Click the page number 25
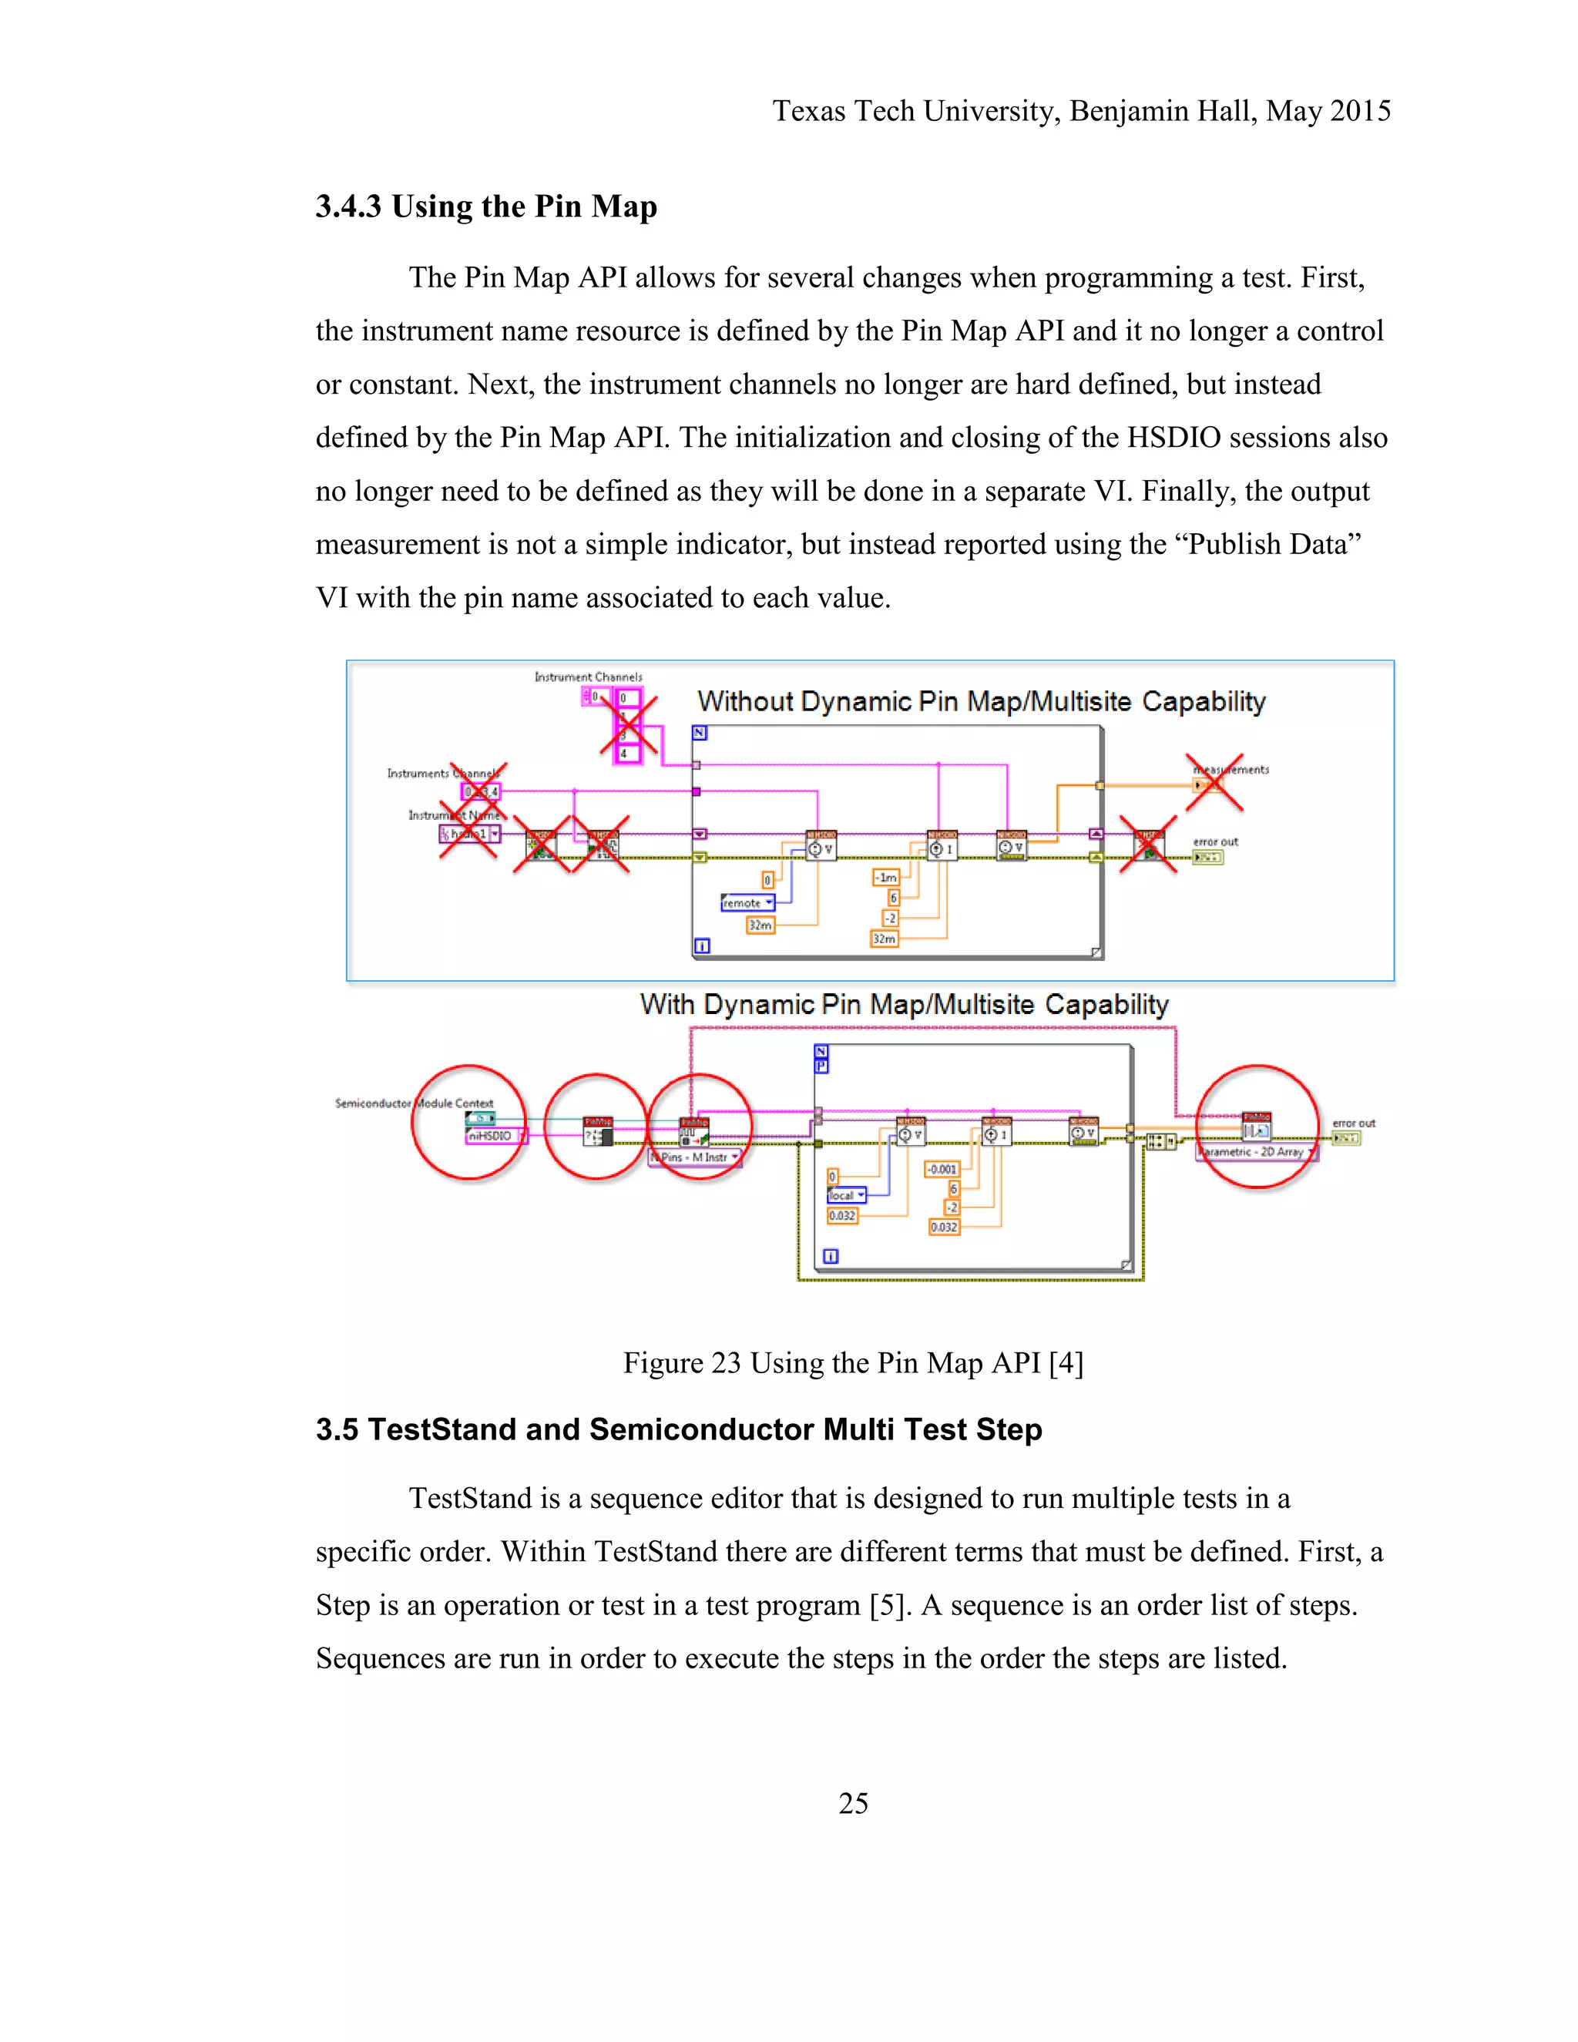click(853, 1802)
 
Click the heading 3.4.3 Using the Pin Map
click(486, 207)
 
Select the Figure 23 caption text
click(853, 1363)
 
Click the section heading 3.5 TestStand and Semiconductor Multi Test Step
click(679, 1429)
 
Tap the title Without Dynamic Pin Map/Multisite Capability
click(981, 701)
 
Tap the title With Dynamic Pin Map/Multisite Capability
click(904, 1004)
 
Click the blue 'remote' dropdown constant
click(747, 903)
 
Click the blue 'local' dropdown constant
click(846, 1195)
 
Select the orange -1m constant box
click(885, 877)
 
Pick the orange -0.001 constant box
click(942, 1169)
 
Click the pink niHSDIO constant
click(492, 1135)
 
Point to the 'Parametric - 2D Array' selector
click(1255, 1152)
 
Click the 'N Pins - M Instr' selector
click(697, 1157)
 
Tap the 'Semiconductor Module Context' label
click(413, 1103)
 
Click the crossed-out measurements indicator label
click(1231, 770)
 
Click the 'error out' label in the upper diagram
click(1214, 841)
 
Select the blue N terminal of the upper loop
click(700, 733)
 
